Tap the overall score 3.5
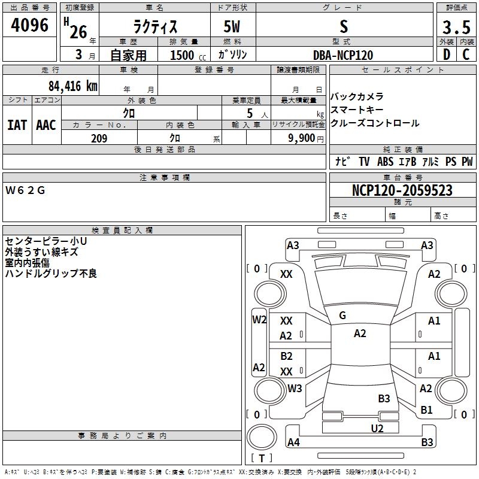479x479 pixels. [455, 27]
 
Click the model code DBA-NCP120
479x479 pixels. [343, 55]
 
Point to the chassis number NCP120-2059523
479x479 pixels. [402, 190]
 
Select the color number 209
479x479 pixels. [99, 138]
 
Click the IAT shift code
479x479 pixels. [17, 125]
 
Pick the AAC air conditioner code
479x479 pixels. [46, 125]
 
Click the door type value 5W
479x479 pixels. [232, 27]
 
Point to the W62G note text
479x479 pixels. [25, 190]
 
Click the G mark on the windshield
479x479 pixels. [342, 316]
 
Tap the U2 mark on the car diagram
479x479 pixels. [377, 428]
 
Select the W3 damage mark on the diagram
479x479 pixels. [294, 388]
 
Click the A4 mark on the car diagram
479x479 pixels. [293, 442]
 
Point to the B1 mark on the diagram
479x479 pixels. [426, 410]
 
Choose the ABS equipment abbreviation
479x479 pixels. [385, 162]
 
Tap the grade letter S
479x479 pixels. [343, 27]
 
